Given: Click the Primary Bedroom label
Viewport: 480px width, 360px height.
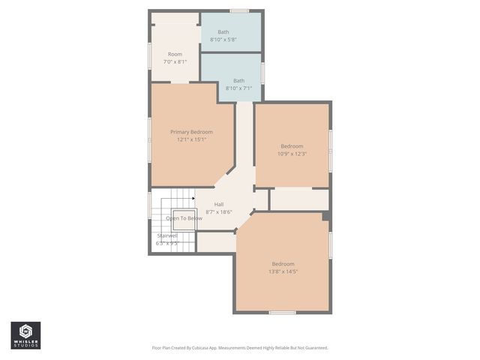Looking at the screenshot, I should (x=191, y=132).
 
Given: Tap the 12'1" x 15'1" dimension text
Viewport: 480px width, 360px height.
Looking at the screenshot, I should (x=191, y=139).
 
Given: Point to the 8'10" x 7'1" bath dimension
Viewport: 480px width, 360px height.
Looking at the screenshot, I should (x=238, y=88).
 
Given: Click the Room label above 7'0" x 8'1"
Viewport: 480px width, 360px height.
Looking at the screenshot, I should (x=175, y=54).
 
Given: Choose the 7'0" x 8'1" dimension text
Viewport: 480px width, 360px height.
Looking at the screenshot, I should (x=175, y=61).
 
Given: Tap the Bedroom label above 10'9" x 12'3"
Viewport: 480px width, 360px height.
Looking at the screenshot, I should (x=292, y=146).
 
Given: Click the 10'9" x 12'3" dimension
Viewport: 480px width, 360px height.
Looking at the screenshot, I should (x=292, y=154).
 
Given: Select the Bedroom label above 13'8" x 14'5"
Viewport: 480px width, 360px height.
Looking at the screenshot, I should (x=283, y=264).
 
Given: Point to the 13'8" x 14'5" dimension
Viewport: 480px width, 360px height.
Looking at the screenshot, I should (x=283, y=271).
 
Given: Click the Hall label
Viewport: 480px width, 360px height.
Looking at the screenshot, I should (x=219, y=204).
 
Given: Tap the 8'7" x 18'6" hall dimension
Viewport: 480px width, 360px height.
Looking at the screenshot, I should (x=219, y=211).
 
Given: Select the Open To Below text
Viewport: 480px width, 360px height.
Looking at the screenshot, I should (x=184, y=218).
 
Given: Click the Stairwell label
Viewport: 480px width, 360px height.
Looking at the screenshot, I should (x=167, y=235).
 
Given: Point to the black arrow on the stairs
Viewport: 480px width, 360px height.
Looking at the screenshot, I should (x=193, y=199).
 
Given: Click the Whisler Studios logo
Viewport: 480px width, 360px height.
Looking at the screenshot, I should (x=25, y=335).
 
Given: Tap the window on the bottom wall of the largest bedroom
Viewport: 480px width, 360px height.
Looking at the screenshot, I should (x=282, y=312).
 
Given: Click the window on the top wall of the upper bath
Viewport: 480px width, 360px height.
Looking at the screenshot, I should (x=239, y=10).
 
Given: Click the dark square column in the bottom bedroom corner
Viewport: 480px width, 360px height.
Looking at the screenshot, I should (x=325, y=216).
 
